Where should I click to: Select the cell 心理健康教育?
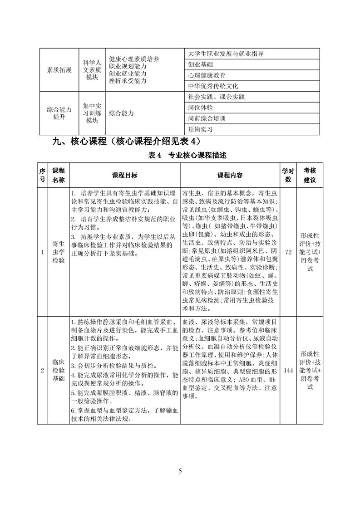tap(207, 75)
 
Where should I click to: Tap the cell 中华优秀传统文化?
tap(213, 86)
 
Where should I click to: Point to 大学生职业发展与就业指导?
tap(226, 54)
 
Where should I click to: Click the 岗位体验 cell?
tap(200, 108)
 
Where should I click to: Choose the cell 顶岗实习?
tap(200, 129)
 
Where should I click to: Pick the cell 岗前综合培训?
tap(207, 118)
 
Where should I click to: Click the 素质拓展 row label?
tap(59, 70)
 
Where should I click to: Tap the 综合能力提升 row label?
tap(59, 113)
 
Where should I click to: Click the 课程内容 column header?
tap(230, 175)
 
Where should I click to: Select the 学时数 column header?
tap(288, 175)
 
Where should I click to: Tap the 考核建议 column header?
tap(310, 175)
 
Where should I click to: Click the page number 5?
tap(180, 471)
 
